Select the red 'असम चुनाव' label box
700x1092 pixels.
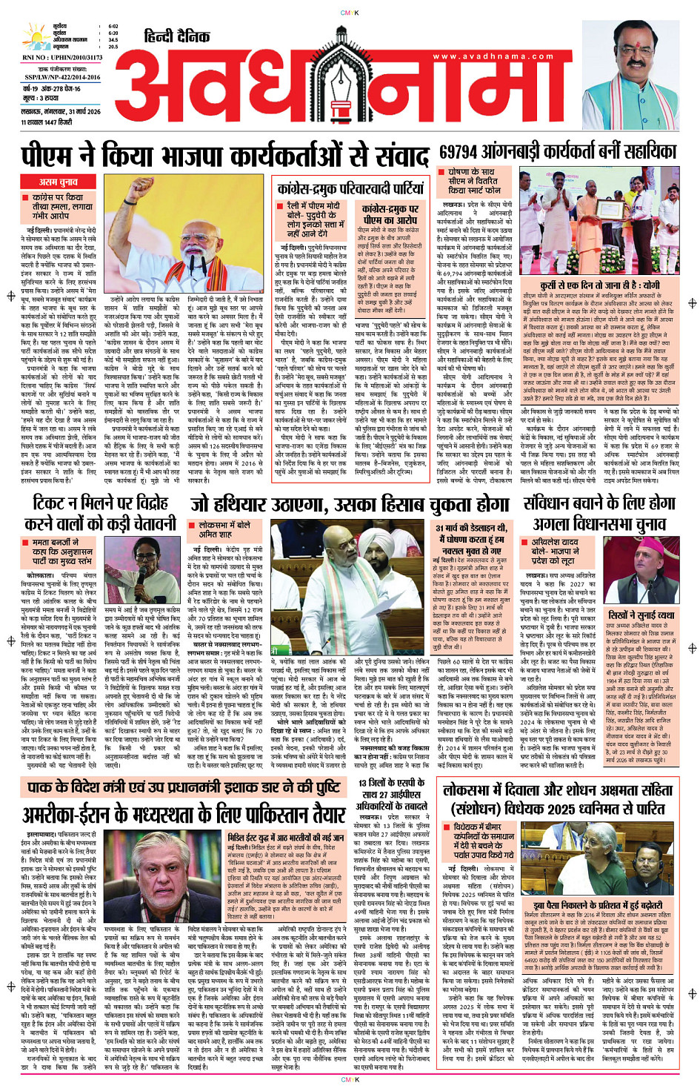[59, 182]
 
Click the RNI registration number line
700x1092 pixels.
[62, 57]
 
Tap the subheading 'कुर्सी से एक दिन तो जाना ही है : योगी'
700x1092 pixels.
[599, 285]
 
